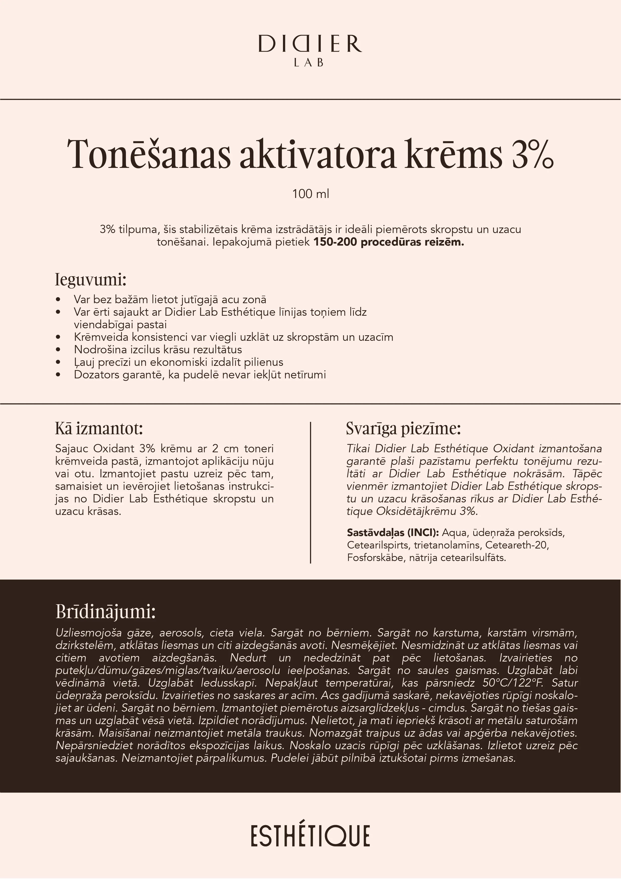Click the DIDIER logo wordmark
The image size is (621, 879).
[x=310, y=44]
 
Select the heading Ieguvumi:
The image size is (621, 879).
[x=91, y=280]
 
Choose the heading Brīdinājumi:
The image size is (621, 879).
[x=106, y=612]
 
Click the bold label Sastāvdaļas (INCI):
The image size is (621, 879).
[x=393, y=532]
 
